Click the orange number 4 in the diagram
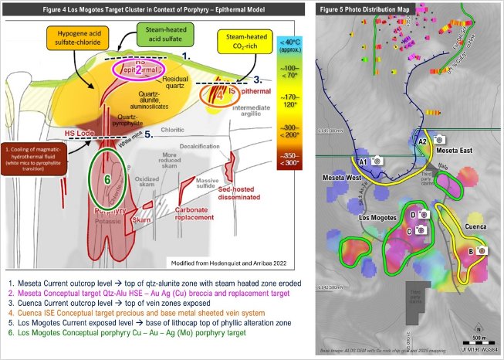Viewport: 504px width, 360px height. coord(218,98)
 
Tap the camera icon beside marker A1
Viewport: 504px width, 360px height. coord(378,161)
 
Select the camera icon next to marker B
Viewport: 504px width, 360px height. coord(482,250)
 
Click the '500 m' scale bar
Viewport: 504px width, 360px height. coord(479,341)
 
